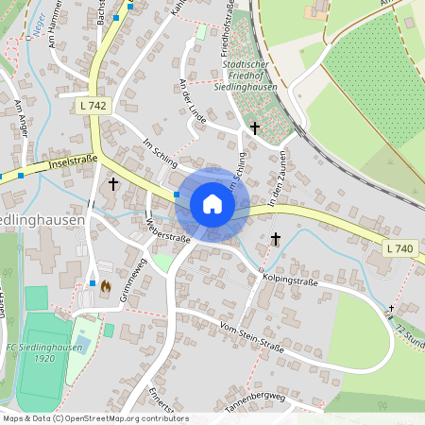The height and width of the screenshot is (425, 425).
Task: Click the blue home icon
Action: (212, 204)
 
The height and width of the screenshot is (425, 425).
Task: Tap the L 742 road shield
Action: (93, 107)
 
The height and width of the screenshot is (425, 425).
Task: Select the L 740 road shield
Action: (400, 247)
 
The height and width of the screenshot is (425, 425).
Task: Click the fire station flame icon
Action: (106, 285)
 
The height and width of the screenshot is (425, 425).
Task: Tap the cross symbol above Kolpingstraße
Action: (276, 240)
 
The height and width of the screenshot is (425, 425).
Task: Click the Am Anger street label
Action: (20, 124)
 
